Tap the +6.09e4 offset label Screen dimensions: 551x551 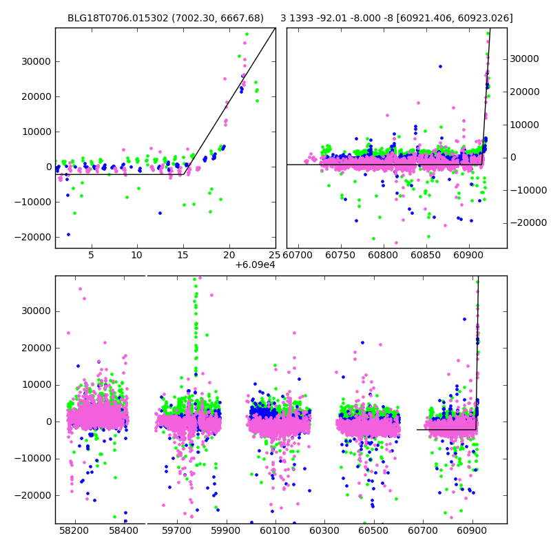255,265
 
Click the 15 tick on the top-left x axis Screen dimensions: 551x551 183,256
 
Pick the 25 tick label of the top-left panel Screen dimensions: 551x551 274,256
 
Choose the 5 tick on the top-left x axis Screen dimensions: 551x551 91,256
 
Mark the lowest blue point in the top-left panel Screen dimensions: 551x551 68,234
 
